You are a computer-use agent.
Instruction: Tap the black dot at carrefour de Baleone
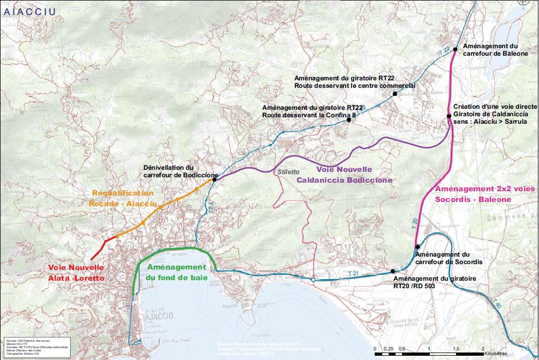click(455, 50)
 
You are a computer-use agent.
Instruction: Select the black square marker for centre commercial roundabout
click(394, 94)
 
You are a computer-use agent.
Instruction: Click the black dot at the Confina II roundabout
click(348, 120)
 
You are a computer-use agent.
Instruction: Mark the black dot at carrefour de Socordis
click(416, 247)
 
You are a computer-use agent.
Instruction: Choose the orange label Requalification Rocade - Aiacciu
click(124, 198)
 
